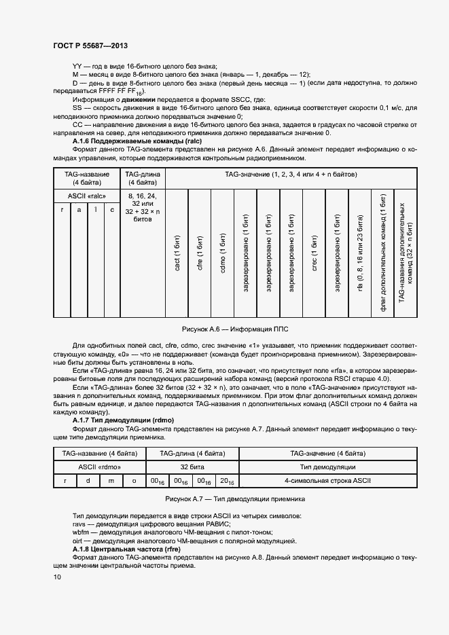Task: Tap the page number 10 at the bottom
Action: [x=58, y=577]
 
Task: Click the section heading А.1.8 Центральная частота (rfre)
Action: [x=120, y=548]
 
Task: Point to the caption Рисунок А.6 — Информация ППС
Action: [x=224, y=329]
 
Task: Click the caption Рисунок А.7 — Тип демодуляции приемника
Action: [x=224, y=498]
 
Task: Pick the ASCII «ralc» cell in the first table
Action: [x=86, y=195]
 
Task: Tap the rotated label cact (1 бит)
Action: [x=177, y=253]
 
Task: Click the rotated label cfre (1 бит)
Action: [x=200, y=253]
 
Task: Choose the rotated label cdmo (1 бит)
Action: [x=222, y=253]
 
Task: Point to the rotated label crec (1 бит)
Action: [x=314, y=253]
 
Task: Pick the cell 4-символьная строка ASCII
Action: [x=327, y=481]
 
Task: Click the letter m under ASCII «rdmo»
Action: [x=111, y=481]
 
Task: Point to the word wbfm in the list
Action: [x=81, y=532]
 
